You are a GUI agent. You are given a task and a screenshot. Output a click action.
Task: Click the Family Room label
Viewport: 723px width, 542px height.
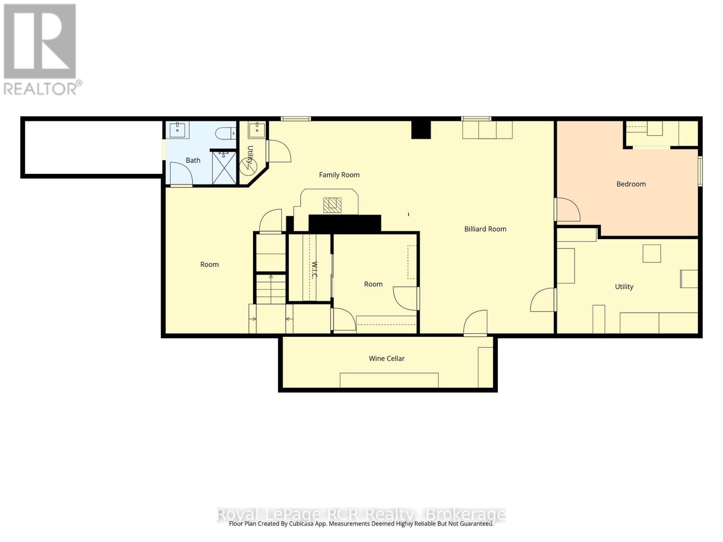pyautogui.click(x=339, y=175)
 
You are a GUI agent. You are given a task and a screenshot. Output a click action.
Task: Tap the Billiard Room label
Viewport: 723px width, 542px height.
pyautogui.click(x=485, y=229)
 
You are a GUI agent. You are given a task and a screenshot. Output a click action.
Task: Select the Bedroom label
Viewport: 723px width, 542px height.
pyautogui.click(x=631, y=184)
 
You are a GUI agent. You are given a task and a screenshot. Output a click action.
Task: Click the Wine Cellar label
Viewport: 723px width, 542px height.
pyautogui.click(x=386, y=359)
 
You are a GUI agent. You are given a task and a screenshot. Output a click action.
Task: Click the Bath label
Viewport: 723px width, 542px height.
pyautogui.click(x=193, y=160)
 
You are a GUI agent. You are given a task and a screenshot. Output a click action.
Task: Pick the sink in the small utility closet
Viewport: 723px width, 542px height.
pyautogui.click(x=257, y=130)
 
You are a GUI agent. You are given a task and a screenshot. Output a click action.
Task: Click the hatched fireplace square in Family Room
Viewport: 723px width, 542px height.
pyautogui.click(x=333, y=205)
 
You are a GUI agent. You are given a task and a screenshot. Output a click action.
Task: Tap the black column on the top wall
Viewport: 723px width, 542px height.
pyautogui.click(x=421, y=130)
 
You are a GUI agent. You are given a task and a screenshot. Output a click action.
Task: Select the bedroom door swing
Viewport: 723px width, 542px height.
pyautogui.click(x=568, y=210)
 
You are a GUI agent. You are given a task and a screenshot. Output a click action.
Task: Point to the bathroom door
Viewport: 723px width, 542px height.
pyautogui.click(x=182, y=174)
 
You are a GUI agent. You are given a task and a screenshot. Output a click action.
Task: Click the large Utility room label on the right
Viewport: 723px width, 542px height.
pyautogui.click(x=624, y=287)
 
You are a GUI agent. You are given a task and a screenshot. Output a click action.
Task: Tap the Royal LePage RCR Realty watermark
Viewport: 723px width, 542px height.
pyautogui.click(x=361, y=514)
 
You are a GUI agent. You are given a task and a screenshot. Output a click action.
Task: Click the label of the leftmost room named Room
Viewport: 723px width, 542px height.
pyautogui.click(x=209, y=265)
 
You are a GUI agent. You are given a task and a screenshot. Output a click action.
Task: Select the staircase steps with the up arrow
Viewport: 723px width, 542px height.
pyautogui.click(x=271, y=289)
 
